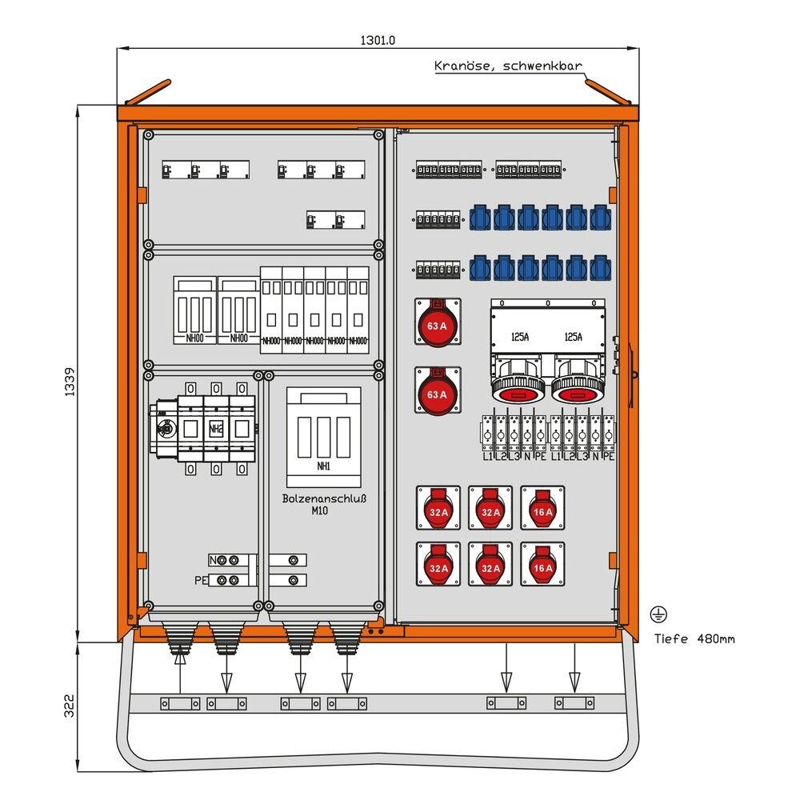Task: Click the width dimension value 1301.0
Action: pyautogui.click(x=378, y=39)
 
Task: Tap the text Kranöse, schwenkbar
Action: pyautogui.click(x=508, y=66)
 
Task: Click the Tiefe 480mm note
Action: pyautogui.click(x=694, y=638)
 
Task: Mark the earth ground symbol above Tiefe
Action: pyautogui.click(x=658, y=614)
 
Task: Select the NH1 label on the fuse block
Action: pyautogui.click(x=324, y=466)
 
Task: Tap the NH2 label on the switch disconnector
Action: pyautogui.click(x=215, y=430)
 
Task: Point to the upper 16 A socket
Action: pyautogui.click(x=542, y=509)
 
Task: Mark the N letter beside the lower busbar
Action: pyautogui.click(x=213, y=560)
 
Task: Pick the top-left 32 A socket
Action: pyautogui.click(x=438, y=509)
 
